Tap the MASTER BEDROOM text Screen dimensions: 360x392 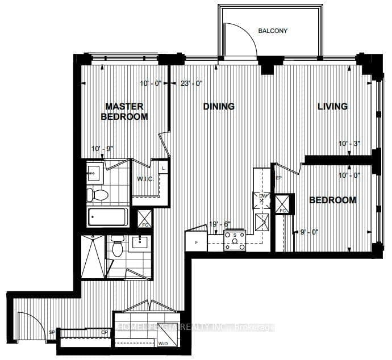(x=124, y=111)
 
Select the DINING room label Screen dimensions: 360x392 (x=219, y=106)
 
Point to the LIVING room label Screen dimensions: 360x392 (x=332, y=106)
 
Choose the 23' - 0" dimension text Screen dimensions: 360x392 (x=191, y=83)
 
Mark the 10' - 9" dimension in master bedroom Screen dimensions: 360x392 (x=103, y=149)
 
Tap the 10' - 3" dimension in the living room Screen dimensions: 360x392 (x=350, y=144)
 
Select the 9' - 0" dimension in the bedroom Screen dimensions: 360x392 (x=310, y=232)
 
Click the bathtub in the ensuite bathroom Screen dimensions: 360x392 (x=108, y=216)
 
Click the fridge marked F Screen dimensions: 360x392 (x=196, y=242)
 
